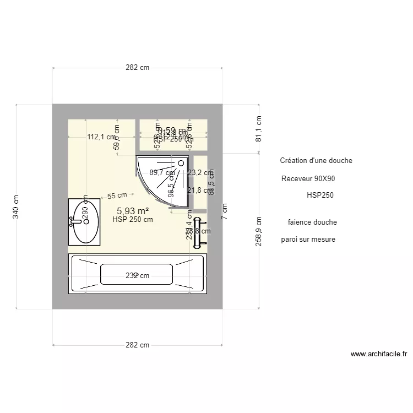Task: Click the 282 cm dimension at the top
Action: point(138,68)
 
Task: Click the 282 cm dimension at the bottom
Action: point(138,345)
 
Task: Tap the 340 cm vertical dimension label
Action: point(16,206)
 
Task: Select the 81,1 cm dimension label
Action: point(259,128)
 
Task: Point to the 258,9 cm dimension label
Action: point(259,231)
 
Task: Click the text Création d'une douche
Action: point(316,161)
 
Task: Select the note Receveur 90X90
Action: point(308,179)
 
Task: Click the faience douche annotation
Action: point(312,222)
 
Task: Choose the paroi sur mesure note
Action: point(308,240)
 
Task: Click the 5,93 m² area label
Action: point(133,210)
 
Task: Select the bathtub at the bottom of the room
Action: point(138,274)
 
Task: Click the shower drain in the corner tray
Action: point(181,163)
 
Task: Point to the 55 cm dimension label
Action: point(117,195)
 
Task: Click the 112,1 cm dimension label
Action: point(101,137)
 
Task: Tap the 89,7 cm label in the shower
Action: point(162,172)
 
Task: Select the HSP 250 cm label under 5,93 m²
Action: point(133,219)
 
